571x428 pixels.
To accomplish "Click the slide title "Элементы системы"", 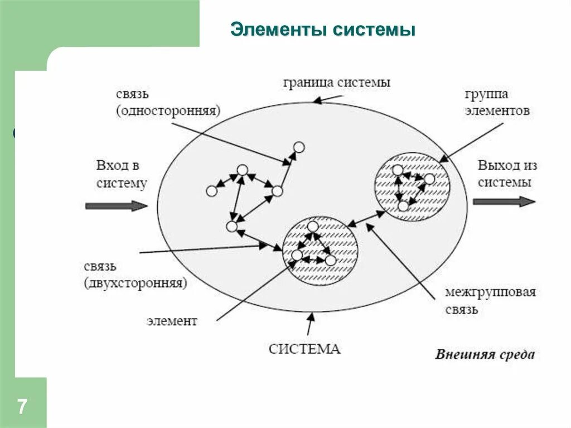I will point(323,30).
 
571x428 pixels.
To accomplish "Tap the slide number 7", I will point(22,406).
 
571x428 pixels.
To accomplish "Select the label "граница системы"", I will point(336,83).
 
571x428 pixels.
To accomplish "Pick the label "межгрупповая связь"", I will point(490,300).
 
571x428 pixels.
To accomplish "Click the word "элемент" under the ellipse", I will point(172,321).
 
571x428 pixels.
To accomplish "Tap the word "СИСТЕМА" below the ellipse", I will point(304,349).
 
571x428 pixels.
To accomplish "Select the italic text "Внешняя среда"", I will point(485,354).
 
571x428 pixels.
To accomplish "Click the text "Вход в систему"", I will point(121,174).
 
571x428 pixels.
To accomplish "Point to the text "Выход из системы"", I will point(507,174).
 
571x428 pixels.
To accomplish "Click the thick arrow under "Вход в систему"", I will point(116,206).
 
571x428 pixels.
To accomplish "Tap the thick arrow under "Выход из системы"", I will point(504,201).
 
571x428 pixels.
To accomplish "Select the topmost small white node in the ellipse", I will point(299,147).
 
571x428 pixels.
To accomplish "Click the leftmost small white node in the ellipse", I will point(211,191).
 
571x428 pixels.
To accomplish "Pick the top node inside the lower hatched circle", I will point(313,227).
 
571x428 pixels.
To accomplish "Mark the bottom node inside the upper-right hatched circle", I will point(403,206).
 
